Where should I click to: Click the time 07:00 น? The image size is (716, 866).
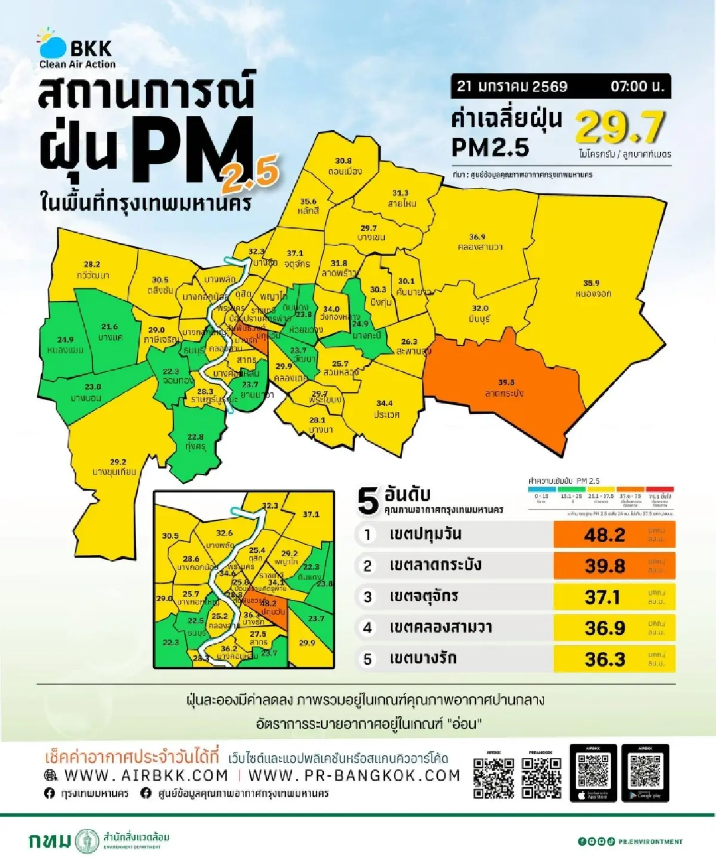[x=637, y=87]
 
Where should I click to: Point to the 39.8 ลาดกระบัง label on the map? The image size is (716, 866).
[x=505, y=388]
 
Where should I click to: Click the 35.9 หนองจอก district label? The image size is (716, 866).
[x=592, y=288]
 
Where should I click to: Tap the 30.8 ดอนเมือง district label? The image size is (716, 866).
[x=344, y=167]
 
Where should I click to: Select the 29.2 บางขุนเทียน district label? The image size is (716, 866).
[x=115, y=467]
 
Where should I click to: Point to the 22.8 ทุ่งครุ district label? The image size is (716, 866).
[x=195, y=442]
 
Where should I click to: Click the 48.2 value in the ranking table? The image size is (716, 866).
[x=604, y=535]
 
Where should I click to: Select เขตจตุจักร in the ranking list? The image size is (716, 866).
[x=424, y=596]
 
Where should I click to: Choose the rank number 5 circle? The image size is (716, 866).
[x=368, y=659]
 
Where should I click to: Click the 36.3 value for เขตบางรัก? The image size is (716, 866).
[x=604, y=659]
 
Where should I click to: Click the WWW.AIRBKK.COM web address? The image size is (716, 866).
[x=146, y=775]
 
